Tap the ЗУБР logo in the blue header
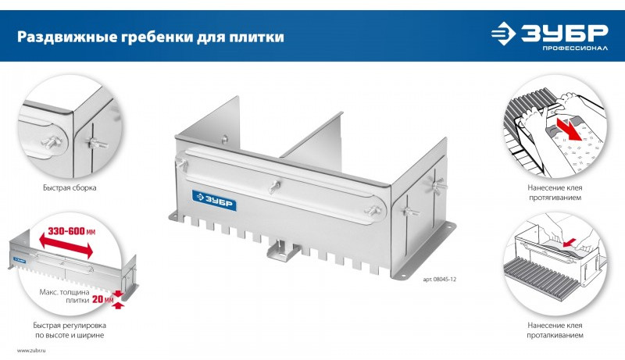550,34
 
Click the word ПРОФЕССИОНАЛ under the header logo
575,48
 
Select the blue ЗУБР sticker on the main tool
214,201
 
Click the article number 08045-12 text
440,279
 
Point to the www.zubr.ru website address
31,351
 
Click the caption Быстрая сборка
70,187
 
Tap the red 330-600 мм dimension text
72,231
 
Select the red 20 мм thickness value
103,299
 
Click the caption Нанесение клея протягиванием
555,192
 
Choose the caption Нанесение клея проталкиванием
555,330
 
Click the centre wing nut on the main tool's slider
274,186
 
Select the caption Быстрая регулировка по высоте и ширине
70,330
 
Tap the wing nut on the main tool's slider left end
183,164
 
